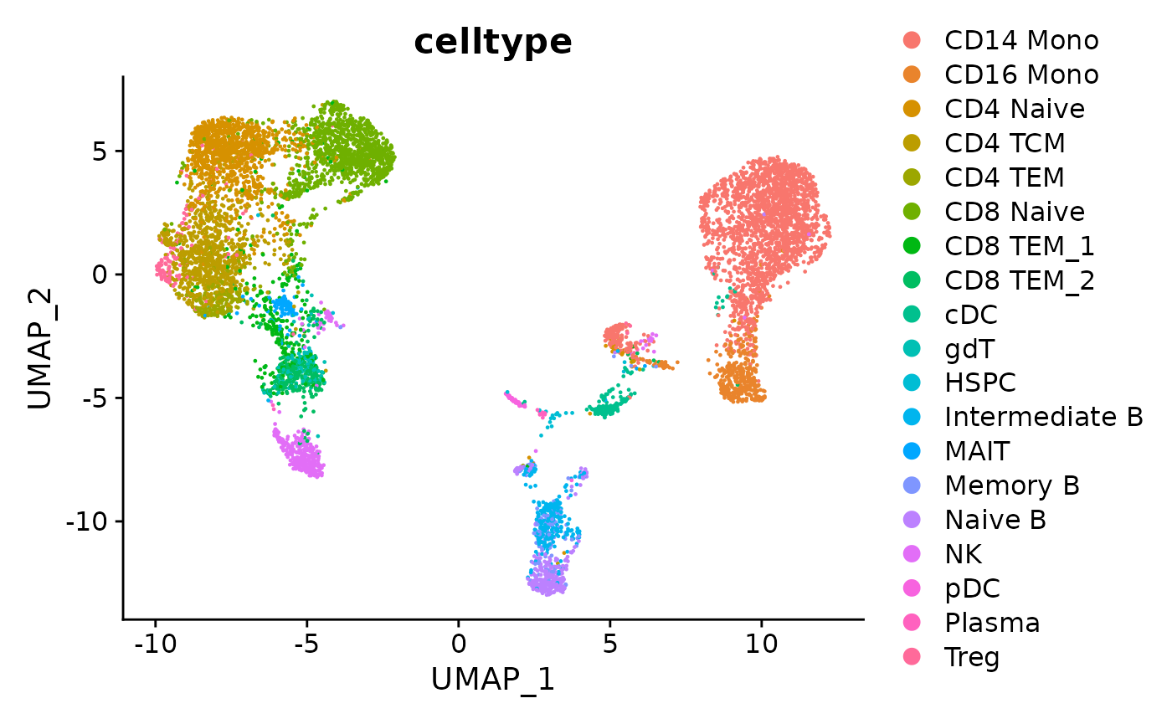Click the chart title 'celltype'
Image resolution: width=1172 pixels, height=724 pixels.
(x=493, y=42)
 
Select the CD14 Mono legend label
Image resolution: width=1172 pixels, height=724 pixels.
(x=1021, y=39)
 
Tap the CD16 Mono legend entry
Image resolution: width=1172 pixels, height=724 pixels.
(x=1021, y=74)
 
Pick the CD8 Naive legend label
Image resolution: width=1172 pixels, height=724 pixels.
(x=1014, y=211)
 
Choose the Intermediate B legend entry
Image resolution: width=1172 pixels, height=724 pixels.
(x=1043, y=417)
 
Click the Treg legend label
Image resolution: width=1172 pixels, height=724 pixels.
(x=972, y=657)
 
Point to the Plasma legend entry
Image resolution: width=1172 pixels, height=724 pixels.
(x=992, y=623)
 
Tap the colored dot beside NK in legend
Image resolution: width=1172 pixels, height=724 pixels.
(x=912, y=554)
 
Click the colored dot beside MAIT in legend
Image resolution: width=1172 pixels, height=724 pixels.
(x=912, y=451)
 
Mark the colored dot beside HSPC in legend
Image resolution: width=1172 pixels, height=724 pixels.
(x=912, y=383)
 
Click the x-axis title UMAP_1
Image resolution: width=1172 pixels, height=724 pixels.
(x=493, y=680)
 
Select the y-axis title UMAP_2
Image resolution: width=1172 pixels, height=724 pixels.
(x=40, y=348)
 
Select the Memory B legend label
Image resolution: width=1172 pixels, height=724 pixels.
(x=1011, y=485)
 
